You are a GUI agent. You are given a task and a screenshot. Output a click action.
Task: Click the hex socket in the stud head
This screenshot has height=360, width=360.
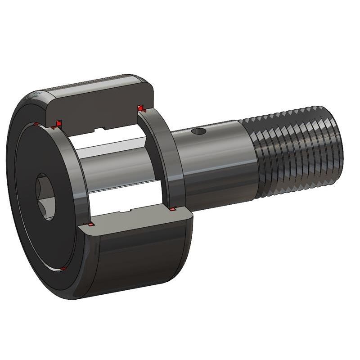point(45,197)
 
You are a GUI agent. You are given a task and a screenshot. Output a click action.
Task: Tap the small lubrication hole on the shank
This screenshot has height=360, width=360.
point(197,132)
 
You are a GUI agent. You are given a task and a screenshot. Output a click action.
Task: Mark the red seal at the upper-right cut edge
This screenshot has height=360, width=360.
point(141,108)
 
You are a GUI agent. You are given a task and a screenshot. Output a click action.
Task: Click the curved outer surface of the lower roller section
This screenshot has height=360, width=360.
point(139,256)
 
